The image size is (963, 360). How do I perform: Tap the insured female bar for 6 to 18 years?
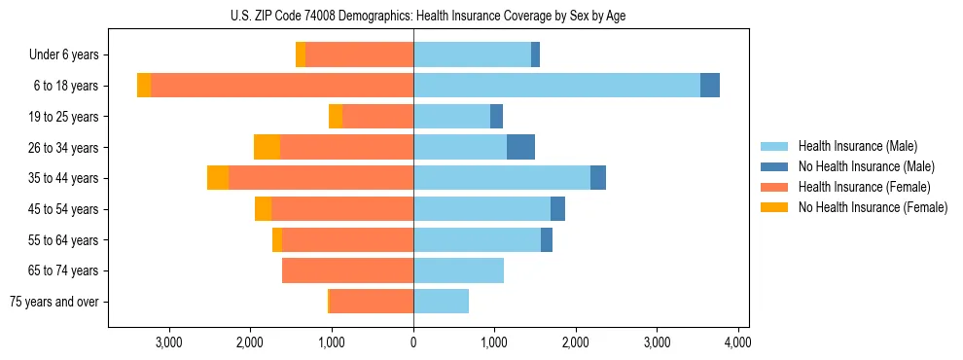tap(282, 86)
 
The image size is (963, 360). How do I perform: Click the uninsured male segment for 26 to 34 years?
tap(520, 147)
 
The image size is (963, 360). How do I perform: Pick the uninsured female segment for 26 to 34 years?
tap(267, 147)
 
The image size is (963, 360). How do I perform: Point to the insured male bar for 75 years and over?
tap(441, 302)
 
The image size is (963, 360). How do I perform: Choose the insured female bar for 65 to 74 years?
tap(347, 270)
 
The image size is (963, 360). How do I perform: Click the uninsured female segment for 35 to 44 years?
tap(218, 178)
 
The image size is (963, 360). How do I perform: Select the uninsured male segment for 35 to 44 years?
tap(598, 178)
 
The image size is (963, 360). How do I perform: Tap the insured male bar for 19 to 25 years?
tap(451, 117)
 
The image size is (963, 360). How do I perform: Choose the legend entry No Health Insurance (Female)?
tap(873, 207)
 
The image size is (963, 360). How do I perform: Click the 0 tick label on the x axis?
tap(413, 342)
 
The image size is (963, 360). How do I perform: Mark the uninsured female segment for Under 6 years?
tap(301, 54)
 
